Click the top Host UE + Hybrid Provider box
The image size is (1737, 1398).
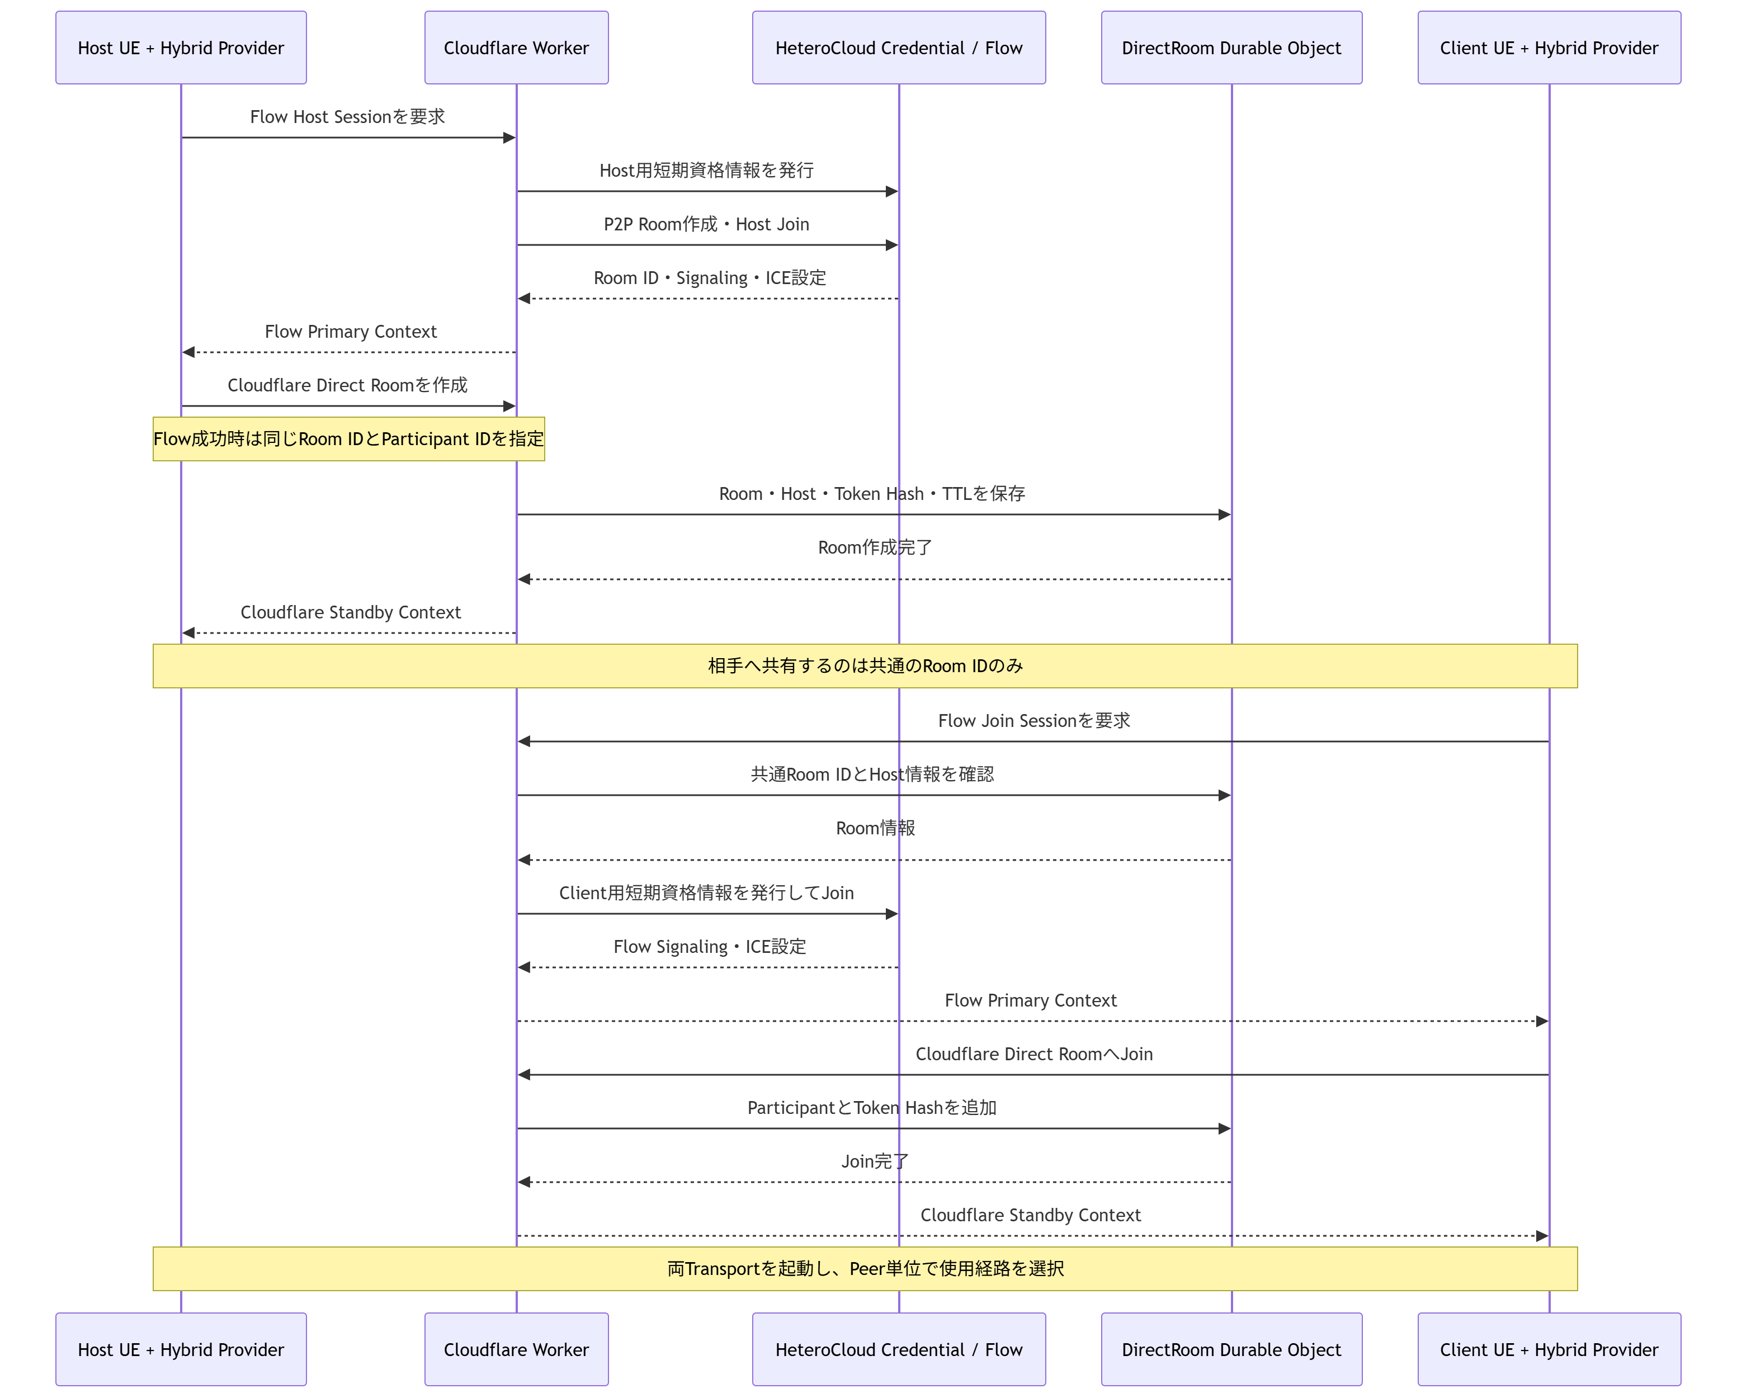181,48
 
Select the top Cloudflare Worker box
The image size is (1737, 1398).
516,48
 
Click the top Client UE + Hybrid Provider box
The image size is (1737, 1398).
1549,48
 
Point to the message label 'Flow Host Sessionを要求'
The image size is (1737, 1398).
347,117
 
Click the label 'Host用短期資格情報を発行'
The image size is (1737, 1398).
706,170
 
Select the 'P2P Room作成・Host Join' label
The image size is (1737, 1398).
706,224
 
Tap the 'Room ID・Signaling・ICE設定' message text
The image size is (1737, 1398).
710,278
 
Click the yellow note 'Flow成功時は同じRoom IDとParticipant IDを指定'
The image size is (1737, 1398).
349,439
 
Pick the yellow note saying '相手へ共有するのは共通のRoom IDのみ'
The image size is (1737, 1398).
865,665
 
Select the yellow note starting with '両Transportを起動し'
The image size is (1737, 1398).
865,1268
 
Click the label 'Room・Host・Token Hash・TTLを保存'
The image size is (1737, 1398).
872,494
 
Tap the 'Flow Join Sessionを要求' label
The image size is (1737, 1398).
1033,720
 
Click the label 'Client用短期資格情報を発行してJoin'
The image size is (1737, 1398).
706,893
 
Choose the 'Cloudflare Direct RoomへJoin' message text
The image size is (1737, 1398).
1033,1054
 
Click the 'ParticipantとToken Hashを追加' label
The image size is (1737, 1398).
872,1108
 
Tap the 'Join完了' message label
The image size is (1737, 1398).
875,1161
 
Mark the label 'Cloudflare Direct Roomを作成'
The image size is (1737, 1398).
347,385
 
